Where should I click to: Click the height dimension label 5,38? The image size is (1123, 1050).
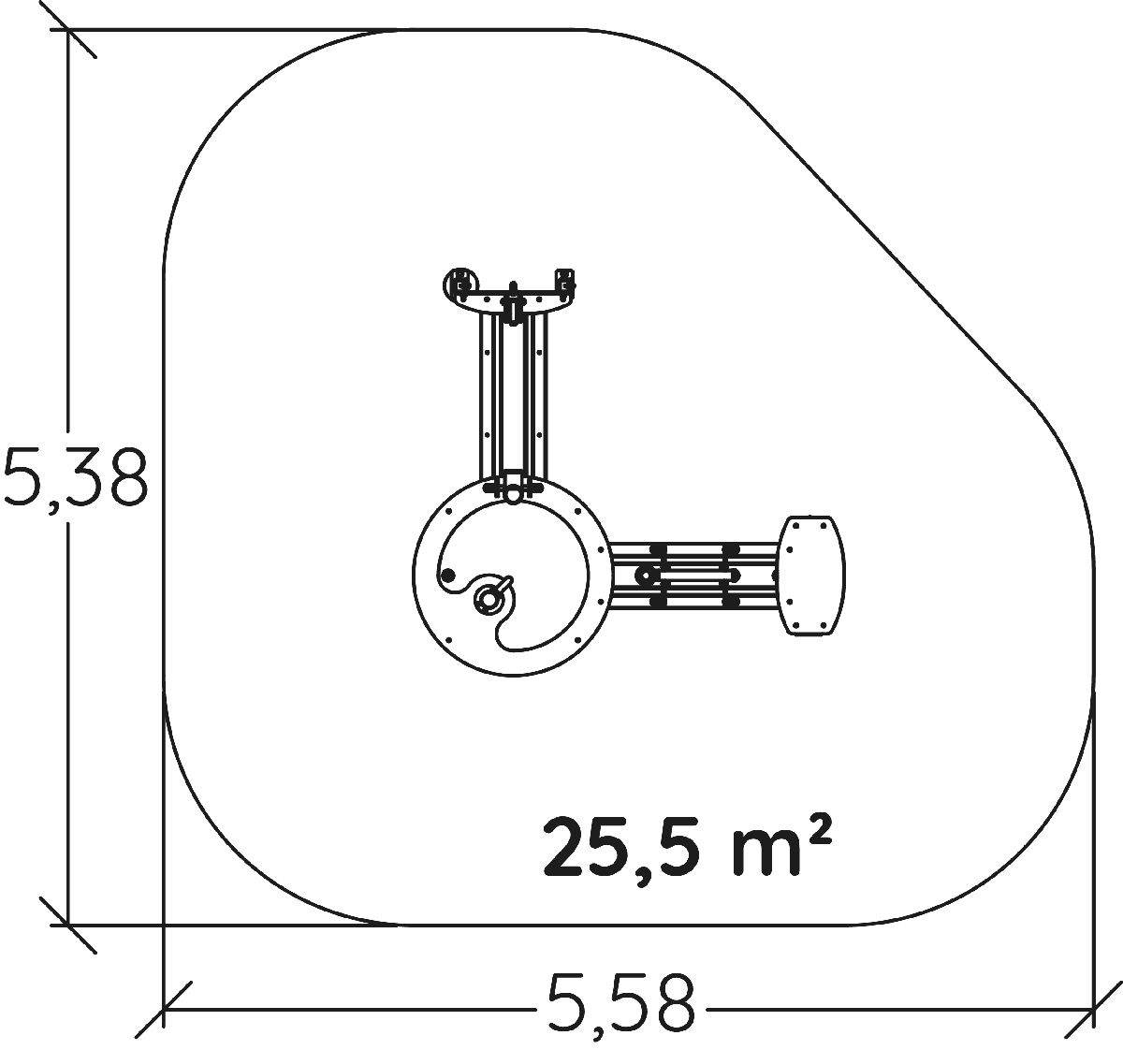(x=75, y=478)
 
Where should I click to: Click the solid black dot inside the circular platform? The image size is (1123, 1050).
(x=448, y=576)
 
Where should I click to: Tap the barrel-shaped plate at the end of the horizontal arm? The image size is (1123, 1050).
(x=812, y=576)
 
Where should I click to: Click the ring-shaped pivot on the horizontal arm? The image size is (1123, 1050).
(x=645, y=576)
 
